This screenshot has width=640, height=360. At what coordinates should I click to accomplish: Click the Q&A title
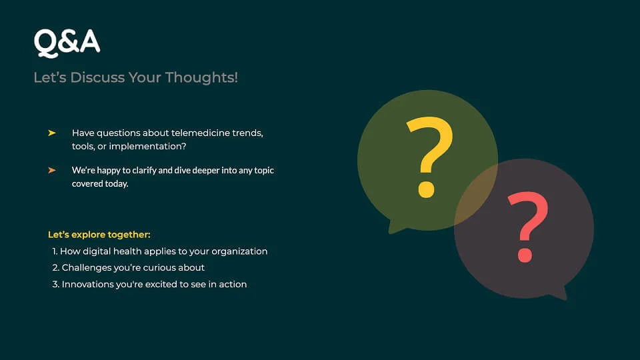point(67,42)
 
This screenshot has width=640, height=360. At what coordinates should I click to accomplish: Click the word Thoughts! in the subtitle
point(201,77)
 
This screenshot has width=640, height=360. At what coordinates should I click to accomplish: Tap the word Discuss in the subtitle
point(97,77)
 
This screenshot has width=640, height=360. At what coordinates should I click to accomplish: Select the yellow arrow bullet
point(52,133)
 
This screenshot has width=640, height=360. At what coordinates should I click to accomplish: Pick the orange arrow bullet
point(52,170)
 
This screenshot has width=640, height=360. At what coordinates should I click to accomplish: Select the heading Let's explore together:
point(99,235)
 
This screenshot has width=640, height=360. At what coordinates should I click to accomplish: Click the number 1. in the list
point(55,251)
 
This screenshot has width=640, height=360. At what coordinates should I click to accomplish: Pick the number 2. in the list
point(56,268)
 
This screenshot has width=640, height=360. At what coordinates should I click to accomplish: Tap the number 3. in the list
point(56,285)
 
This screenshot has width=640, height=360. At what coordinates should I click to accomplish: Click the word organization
point(239,252)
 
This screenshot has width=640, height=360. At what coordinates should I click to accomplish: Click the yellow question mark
point(429,157)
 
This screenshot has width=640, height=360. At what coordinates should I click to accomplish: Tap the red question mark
point(528,227)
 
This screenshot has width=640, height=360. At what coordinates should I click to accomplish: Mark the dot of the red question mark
point(525,255)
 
